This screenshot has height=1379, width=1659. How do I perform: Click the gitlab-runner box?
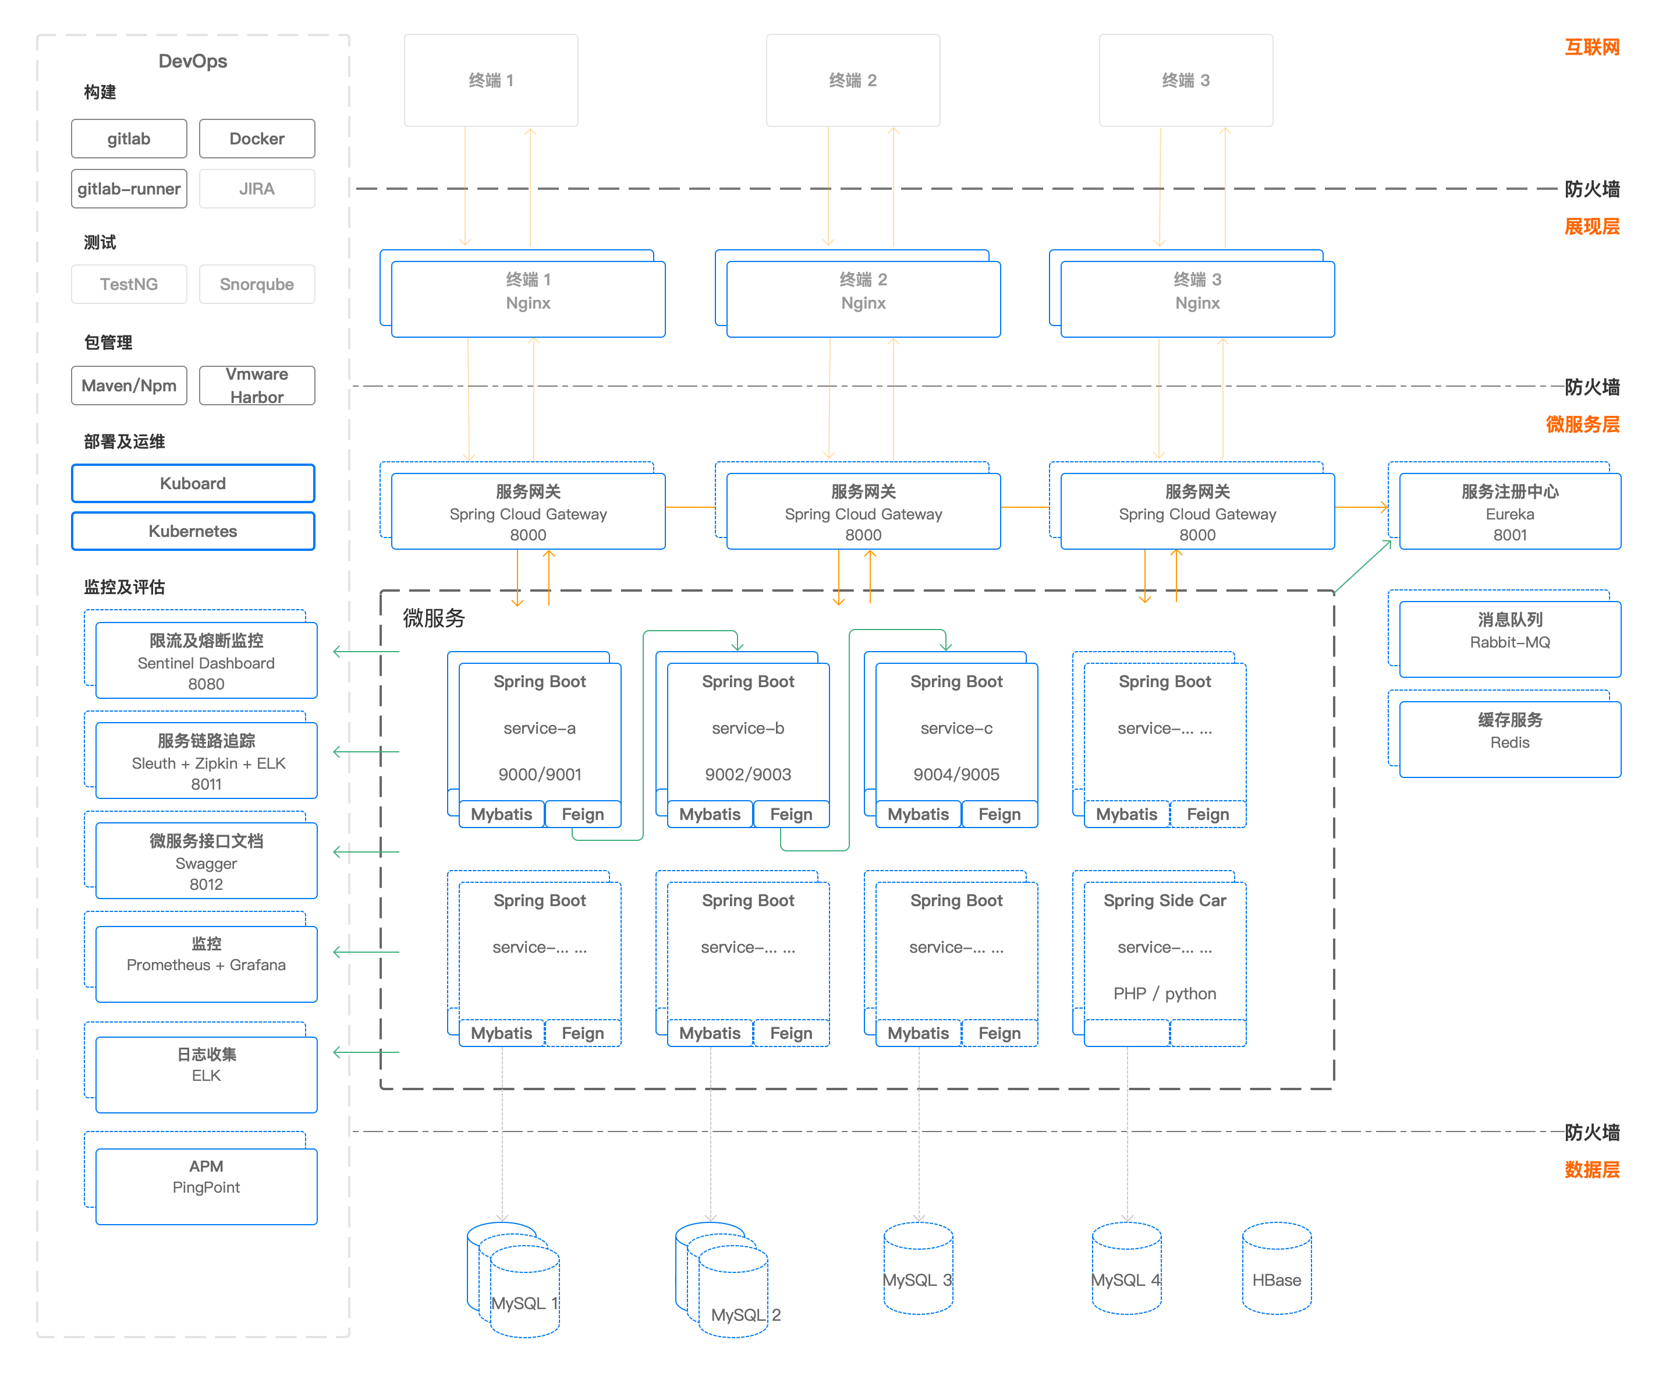(129, 189)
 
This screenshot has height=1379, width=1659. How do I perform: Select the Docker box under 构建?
(257, 139)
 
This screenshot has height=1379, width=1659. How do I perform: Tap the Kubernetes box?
(193, 531)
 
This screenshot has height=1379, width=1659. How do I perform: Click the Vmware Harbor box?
(257, 386)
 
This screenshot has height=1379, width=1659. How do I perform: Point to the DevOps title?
(193, 61)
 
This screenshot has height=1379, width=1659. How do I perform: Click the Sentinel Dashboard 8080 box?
(206, 662)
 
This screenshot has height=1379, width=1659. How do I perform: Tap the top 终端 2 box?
(852, 80)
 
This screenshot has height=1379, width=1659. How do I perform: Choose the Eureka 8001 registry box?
(1510, 512)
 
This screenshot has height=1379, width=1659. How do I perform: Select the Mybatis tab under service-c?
(918, 814)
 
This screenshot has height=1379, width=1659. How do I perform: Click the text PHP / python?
(1164, 993)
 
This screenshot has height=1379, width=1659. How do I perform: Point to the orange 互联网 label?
(1592, 47)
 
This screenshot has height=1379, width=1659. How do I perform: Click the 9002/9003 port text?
(748, 775)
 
